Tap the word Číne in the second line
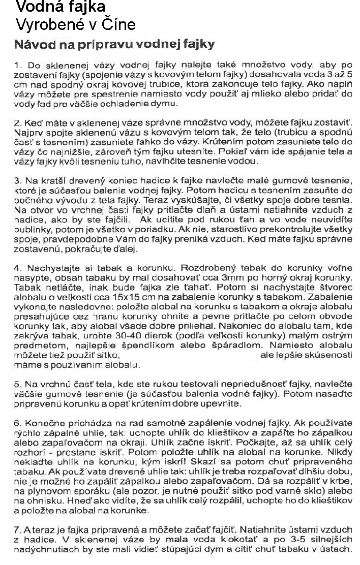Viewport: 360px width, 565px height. [118, 24]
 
